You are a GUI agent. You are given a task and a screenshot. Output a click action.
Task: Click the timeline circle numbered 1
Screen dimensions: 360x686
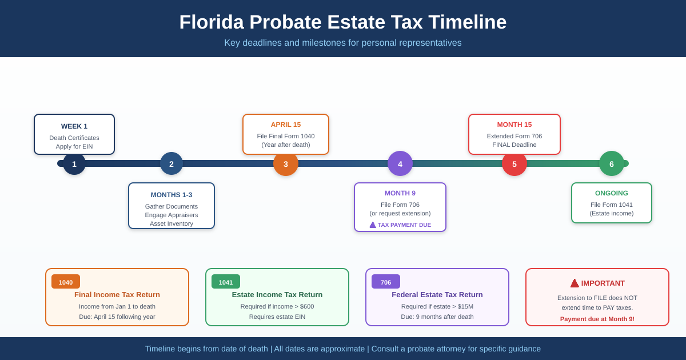(74, 164)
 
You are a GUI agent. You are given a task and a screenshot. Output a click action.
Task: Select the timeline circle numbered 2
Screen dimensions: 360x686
(171, 164)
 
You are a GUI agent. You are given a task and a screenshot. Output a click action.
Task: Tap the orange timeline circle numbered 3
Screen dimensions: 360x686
(286, 164)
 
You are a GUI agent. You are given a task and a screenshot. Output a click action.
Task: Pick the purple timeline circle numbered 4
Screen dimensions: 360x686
(400, 164)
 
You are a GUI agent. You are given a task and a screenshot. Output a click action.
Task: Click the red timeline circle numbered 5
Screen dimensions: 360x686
(514, 164)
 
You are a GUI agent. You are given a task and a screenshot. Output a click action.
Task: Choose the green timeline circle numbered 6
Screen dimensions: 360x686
(612, 164)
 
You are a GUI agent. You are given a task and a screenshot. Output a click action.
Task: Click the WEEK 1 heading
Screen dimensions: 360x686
(74, 126)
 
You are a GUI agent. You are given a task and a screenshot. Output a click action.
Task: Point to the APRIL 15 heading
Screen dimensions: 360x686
(286, 125)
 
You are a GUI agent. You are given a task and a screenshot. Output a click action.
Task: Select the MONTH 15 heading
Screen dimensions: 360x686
(514, 125)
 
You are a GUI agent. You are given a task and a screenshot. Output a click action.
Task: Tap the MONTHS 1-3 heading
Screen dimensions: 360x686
(171, 195)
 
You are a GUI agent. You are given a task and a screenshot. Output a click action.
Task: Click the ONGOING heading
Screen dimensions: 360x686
(612, 193)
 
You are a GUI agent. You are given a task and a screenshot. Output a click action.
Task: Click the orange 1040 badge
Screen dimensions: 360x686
(66, 282)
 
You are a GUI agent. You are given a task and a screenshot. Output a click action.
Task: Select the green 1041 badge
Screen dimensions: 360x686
(226, 282)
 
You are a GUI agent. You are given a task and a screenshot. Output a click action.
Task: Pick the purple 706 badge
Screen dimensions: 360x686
(386, 282)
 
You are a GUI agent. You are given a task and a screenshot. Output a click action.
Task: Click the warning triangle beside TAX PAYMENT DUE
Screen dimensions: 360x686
(373, 225)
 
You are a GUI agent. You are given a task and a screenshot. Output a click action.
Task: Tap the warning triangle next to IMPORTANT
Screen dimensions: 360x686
(575, 283)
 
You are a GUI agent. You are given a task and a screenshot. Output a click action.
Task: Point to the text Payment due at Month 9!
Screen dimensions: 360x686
(597, 319)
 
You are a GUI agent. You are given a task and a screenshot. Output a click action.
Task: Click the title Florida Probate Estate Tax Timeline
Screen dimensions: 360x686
(343, 22)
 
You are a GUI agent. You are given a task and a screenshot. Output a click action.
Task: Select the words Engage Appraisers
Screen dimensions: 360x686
(171, 215)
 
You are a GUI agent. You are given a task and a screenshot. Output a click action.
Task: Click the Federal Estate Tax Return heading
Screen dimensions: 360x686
(437, 294)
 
